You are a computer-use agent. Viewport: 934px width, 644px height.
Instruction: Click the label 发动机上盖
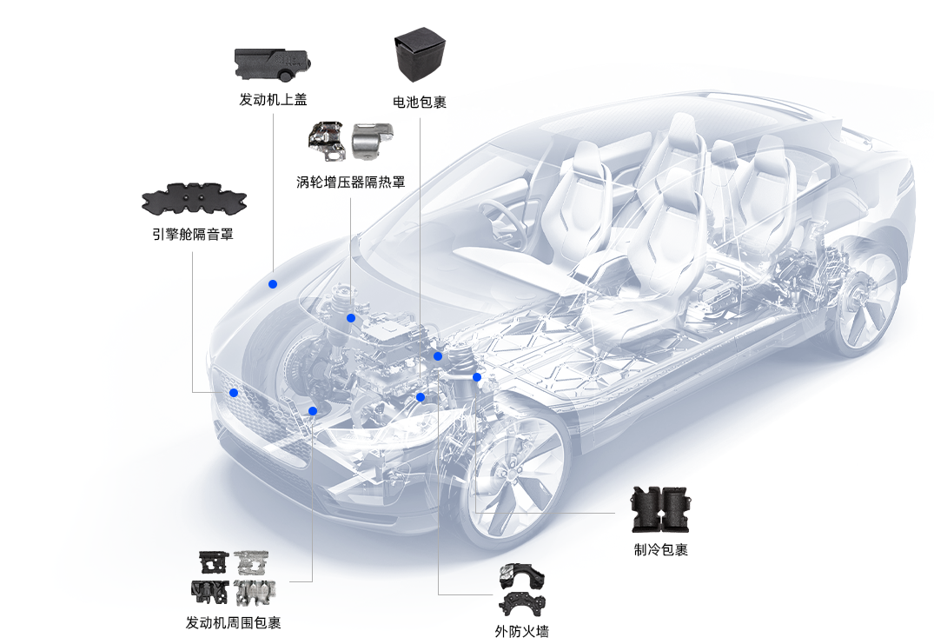pos(273,99)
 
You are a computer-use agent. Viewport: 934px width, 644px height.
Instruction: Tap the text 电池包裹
pos(420,102)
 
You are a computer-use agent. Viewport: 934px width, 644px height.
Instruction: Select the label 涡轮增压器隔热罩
pos(350,182)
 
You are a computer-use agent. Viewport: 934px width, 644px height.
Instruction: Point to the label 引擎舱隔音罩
pos(192,234)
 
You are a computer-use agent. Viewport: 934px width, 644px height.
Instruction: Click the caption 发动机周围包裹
pos(233,622)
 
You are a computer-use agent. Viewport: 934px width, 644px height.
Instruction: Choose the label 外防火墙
pos(522,631)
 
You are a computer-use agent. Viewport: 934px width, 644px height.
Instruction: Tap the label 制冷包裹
pos(660,549)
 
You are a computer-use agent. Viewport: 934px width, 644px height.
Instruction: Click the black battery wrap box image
pos(420,54)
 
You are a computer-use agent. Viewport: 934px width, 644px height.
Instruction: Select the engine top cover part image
pos(273,64)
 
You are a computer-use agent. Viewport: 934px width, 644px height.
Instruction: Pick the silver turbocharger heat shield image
pos(372,141)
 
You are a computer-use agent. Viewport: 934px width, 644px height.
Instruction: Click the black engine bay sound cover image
pos(195,199)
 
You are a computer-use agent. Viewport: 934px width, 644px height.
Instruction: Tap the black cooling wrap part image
pos(661,509)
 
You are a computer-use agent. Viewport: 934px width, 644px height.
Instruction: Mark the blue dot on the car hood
pos(273,284)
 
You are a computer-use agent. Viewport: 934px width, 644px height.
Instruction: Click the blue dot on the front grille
pos(234,393)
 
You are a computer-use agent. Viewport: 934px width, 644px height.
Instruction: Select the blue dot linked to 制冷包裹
pos(476,377)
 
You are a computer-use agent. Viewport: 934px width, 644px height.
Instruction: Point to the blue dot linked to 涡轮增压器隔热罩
pos(351,318)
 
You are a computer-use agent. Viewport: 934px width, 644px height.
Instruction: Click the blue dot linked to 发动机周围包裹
pos(313,410)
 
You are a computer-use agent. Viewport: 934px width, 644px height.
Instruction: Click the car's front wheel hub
pos(513,473)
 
